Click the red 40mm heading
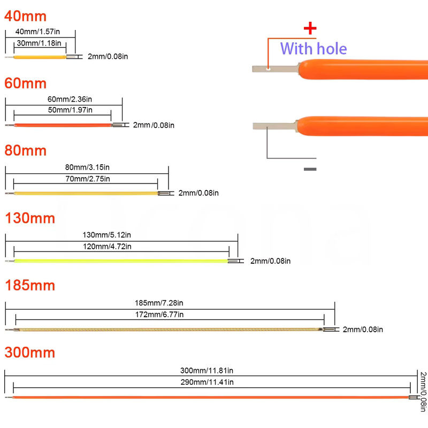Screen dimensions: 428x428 tap(25, 16)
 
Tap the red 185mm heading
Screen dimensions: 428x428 tap(30, 285)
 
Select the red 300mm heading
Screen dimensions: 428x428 tap(30, 353)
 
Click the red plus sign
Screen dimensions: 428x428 tap(310, 28)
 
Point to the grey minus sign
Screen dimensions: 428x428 tap(310, 169)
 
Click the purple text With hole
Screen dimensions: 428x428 tap(314, 49)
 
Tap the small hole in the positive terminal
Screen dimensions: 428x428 tap(269, 69)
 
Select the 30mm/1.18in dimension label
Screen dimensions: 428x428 tap(39, 43)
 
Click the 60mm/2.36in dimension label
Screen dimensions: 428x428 tap(70, 99)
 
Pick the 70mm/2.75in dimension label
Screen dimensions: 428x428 tap(88, 179)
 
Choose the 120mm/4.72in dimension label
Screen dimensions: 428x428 tap(107, 247)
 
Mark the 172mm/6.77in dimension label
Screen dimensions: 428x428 tap(159, 315)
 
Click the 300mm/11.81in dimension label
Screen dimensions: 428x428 tap(207, 370)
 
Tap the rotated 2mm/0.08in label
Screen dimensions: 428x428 tap(423, 392)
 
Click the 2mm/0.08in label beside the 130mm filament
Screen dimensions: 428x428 tap(271, 261)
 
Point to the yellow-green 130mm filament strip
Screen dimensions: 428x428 tap(121, 261)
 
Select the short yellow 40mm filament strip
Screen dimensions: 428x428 tap(40, 57)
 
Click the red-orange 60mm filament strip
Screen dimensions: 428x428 tap(63, 125)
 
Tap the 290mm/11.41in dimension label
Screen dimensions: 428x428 tap(207, 382)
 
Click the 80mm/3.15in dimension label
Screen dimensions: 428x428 tap(87, 167)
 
